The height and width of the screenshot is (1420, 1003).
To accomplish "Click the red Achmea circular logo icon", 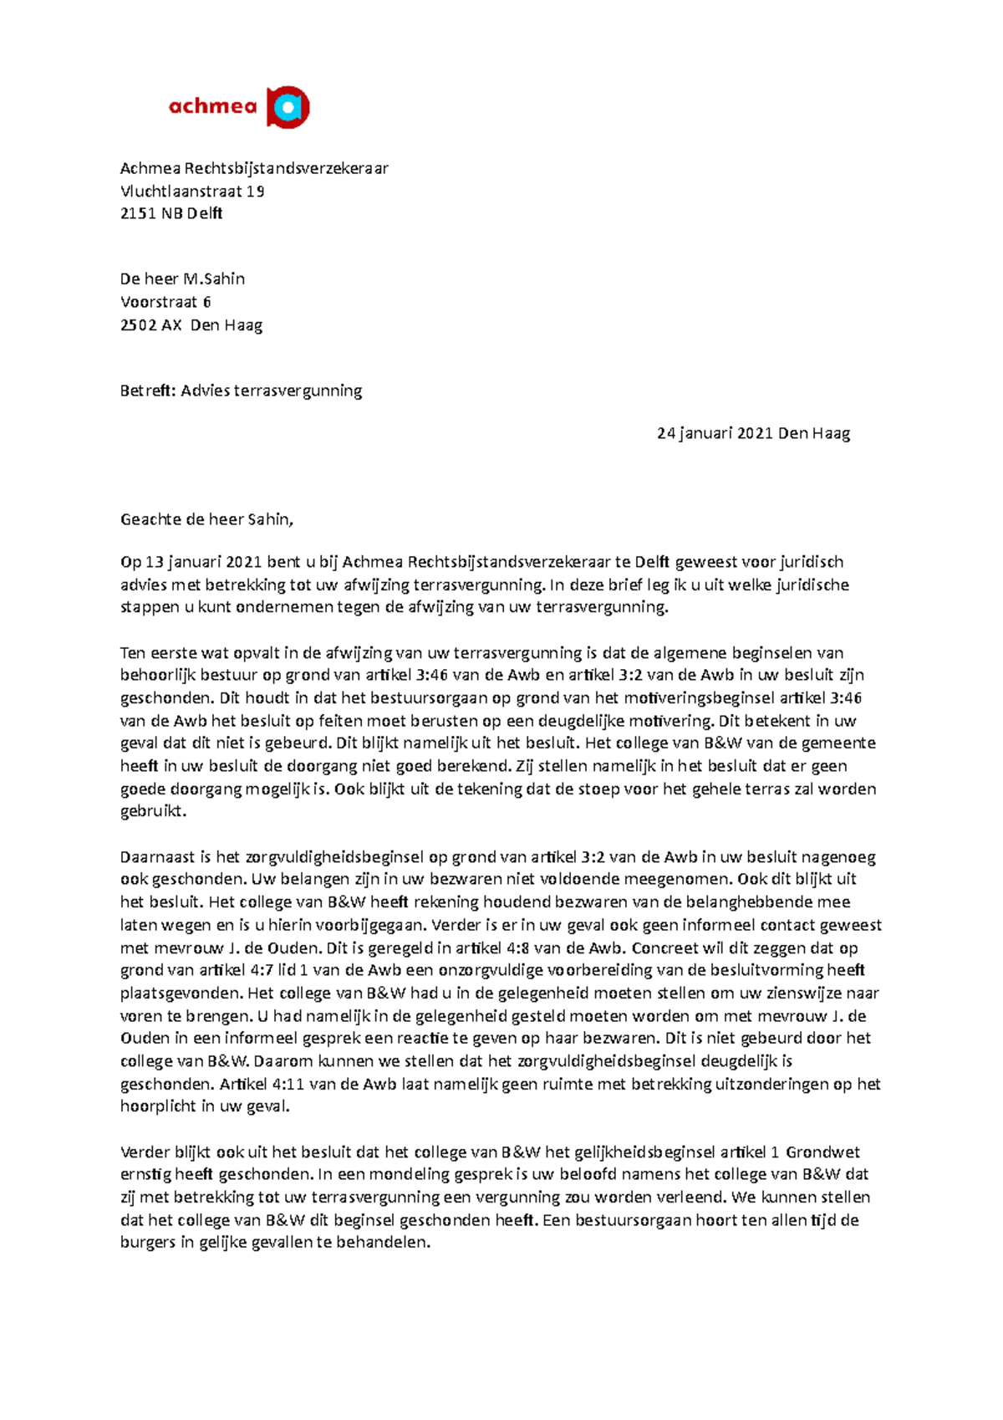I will (288, 107).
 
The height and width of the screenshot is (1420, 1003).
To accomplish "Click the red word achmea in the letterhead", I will (212, 106).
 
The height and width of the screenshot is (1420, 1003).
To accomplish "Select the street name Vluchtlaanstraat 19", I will (192, 191).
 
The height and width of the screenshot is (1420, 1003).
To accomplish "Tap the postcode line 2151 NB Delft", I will (171, 213).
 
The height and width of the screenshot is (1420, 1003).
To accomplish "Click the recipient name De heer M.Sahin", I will (182, 278).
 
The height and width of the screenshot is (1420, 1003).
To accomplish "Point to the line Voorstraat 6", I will (165, 302).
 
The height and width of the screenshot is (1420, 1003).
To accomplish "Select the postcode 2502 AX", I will (151, 325).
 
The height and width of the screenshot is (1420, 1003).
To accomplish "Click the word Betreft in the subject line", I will (147, 391).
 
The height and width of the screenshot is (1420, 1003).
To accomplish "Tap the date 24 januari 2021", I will (715, 433).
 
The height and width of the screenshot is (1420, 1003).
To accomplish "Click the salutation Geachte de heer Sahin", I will (206, 519).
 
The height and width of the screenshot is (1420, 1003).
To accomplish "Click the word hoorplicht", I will (158, 1106).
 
